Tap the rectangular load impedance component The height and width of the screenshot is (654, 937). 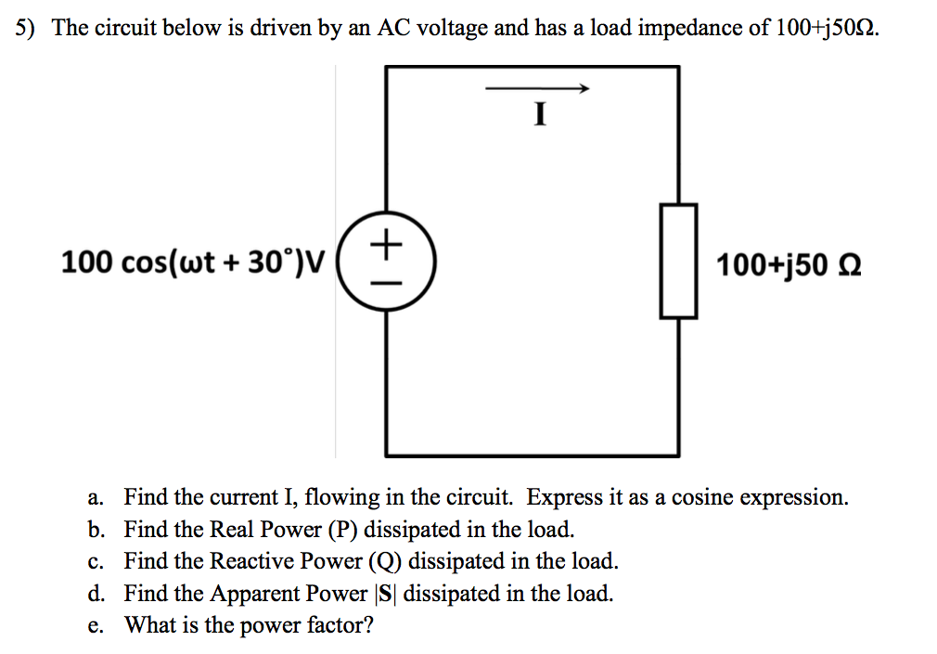click(678, 262)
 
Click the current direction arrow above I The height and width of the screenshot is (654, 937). click(538, 89)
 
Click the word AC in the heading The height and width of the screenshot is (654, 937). click(393, 28)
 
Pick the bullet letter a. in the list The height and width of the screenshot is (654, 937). click(96, 498)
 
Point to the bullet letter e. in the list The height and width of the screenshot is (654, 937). click(96, 625)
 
